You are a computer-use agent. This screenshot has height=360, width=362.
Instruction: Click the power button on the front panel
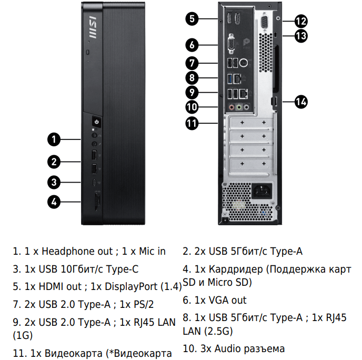(96, 122)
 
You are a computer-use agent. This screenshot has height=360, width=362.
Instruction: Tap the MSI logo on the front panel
(93, 27)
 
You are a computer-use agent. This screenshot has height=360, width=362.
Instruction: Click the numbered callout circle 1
(54, 139)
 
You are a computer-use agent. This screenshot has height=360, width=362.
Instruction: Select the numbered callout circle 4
(54, 202)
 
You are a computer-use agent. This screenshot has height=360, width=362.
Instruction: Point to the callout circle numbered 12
(301, 21)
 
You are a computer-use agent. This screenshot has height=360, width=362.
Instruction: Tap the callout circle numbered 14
(301, 102)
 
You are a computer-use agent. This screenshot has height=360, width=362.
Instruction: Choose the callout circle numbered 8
(192, 78)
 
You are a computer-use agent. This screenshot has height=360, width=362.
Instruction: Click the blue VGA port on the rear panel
(231, 44)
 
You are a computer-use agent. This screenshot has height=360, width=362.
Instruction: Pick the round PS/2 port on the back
(243, 63)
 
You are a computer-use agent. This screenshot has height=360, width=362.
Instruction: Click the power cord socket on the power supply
(262, 191)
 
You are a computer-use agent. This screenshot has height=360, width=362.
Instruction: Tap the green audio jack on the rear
(239, 107)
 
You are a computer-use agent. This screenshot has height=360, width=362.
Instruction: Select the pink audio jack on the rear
(232, 107)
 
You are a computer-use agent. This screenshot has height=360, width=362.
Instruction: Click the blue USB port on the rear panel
(230, 79)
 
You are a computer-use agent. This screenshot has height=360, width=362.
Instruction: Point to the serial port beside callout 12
(265, 23)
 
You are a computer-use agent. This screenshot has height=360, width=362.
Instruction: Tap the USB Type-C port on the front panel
(95, 183)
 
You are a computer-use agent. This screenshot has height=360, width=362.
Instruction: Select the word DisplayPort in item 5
(131, 286)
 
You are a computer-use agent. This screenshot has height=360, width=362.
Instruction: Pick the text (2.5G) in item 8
(219, 331)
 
